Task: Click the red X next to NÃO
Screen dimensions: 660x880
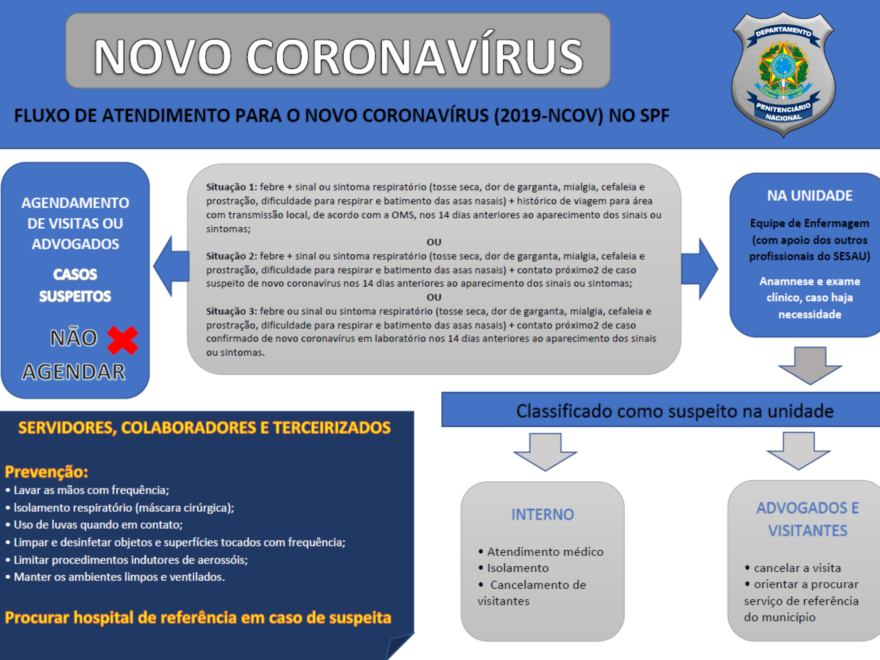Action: click(x=123, y=340)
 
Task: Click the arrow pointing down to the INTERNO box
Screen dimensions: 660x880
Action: click(x=545, y=452)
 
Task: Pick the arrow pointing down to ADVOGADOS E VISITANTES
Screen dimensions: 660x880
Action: click(x=798, y=451)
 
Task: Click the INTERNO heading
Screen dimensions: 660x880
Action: click(x=543, y=514)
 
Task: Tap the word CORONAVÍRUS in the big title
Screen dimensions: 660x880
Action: click(x=415, y=57)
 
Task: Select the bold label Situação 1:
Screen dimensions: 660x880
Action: click(x=231, y=187)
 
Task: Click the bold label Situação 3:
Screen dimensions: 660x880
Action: click(x=231, y=311)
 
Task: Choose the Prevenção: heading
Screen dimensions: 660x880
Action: click(x=46, y=472)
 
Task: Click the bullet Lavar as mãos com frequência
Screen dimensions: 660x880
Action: click(x=91, y=490)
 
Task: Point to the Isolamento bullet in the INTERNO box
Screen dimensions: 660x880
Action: click(x=518, y=568)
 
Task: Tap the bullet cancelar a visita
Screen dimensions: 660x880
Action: click(x=797, y=568)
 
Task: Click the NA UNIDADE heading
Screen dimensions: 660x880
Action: click(x=810, y=196)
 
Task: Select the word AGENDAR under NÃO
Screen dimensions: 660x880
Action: click(x=74, y=372)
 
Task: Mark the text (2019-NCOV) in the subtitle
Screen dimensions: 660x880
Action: click(x=548, y=116)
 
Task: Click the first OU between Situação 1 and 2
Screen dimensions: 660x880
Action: click(x=434, y=242)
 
